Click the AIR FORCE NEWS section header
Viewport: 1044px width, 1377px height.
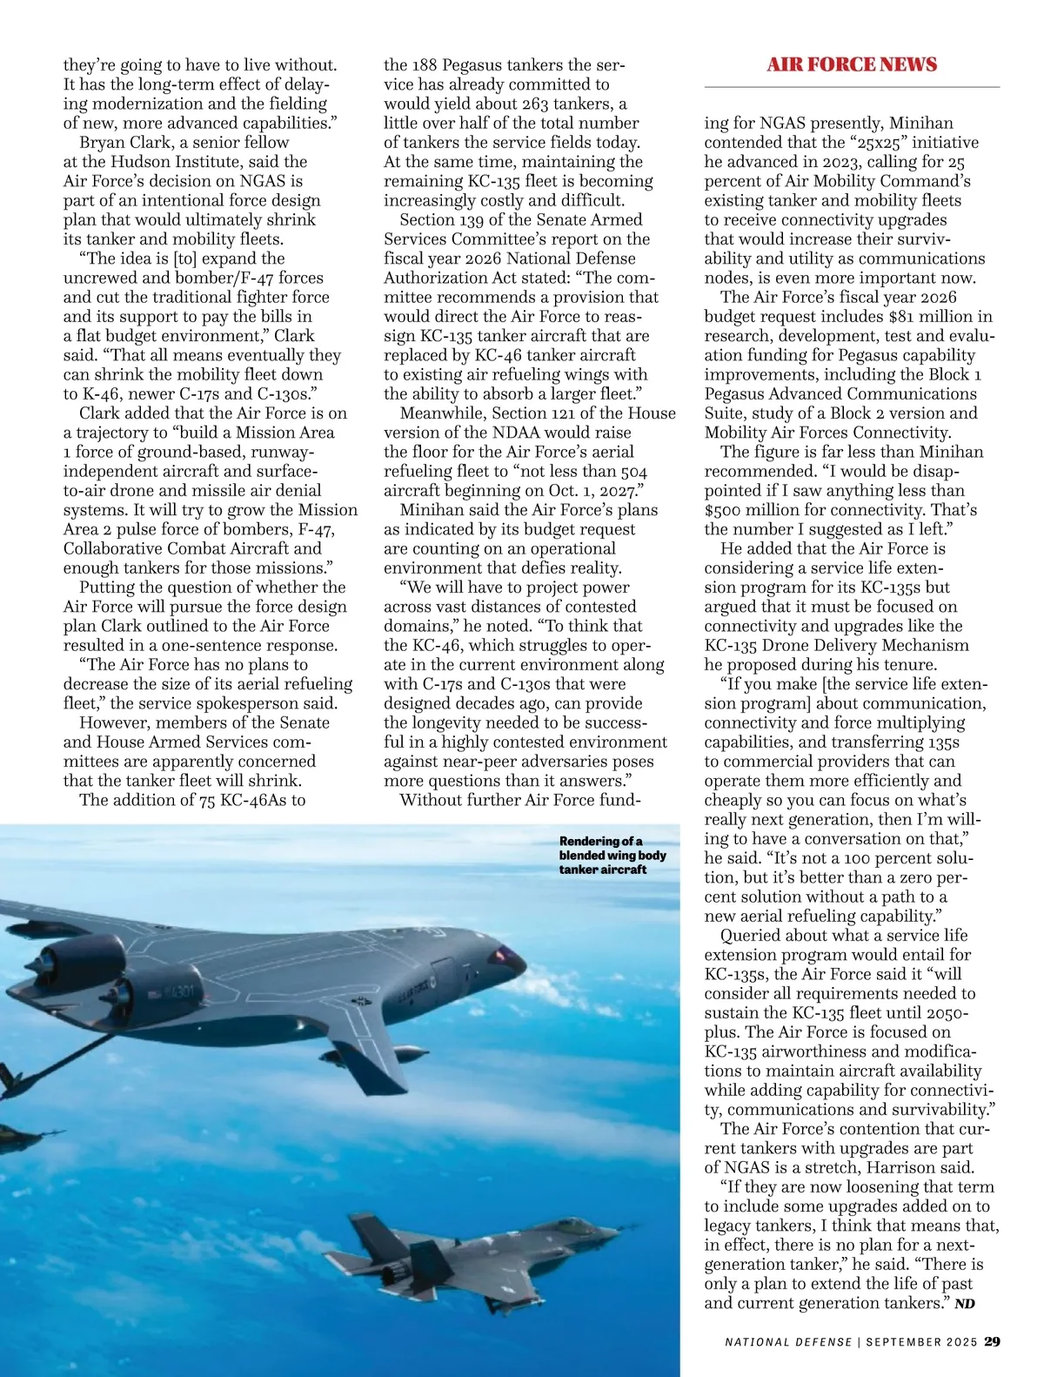pyautogui.click(x=852, y=64)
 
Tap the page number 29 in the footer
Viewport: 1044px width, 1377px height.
pyautogui.click(x=992, y=1341)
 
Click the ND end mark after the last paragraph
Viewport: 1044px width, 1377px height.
pyautogui.click(x=965, y=1304)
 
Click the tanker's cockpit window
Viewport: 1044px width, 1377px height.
pyautogui.click(x=507, y=955)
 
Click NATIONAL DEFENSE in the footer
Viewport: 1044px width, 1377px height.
pyautogui.click(x=788, y=1342)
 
